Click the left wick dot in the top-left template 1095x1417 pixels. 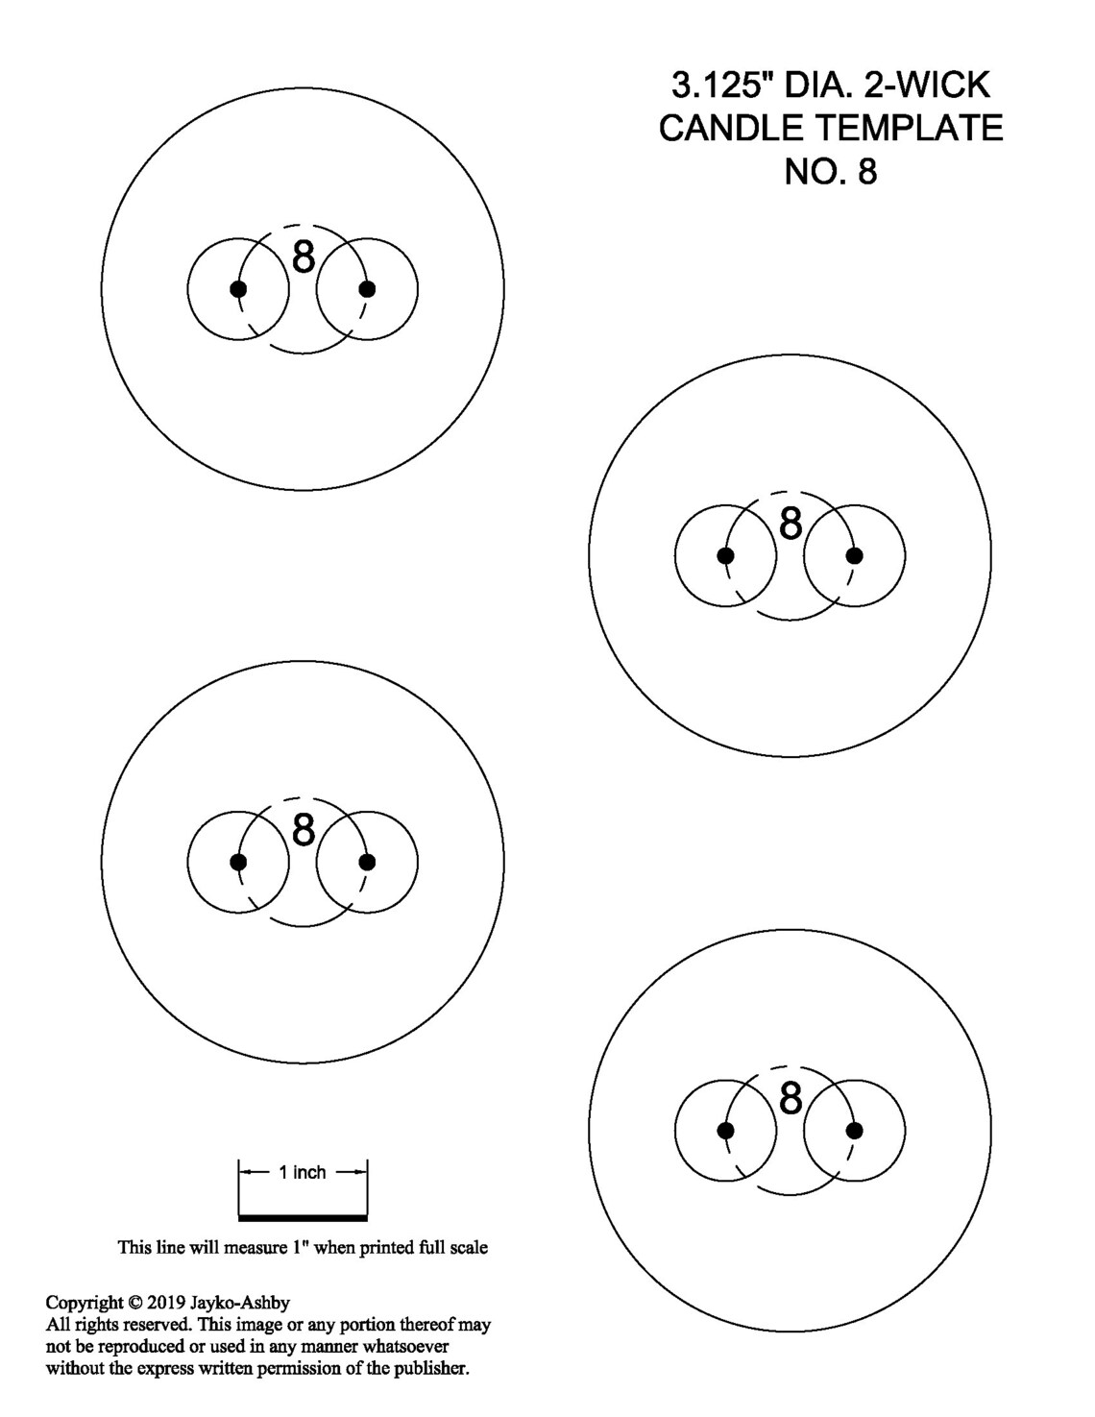(238, 289)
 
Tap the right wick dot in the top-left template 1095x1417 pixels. (368, 289)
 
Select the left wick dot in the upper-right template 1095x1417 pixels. (725, 555)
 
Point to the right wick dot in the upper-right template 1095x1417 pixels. (855, 555)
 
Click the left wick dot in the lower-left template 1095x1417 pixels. (238, 862)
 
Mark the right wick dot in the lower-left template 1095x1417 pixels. (368, 862)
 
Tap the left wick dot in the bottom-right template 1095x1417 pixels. (725, 1130)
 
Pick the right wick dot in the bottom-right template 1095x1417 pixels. (855, 1130)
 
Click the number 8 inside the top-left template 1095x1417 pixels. (304, 257)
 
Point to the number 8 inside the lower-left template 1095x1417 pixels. (304, 829)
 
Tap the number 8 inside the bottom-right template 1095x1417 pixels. (791, 1097)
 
